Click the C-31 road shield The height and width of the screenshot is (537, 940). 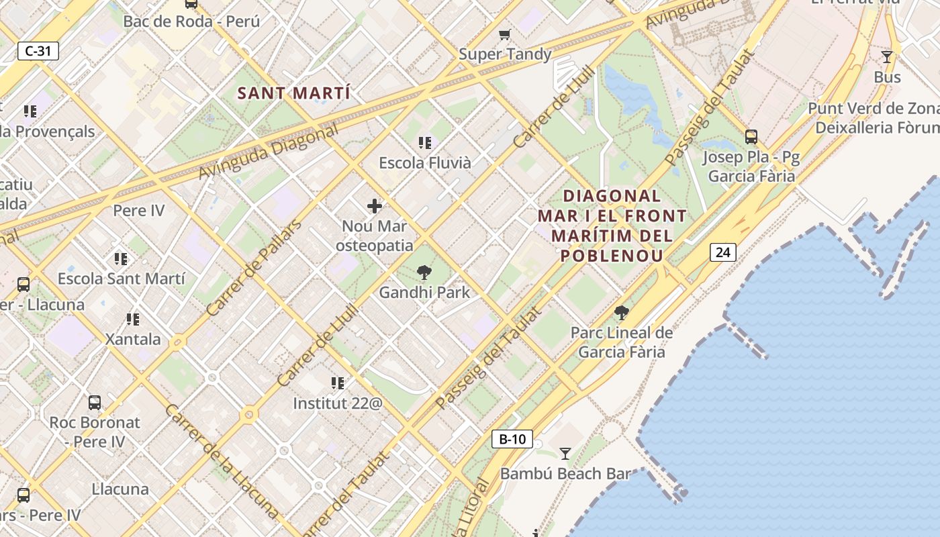(x=38, y=51)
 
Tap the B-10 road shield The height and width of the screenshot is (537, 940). (x=512, y=440)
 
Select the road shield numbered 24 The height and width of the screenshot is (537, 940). (x=722, y=252)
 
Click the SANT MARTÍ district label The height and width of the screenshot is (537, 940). (x=293, y=93)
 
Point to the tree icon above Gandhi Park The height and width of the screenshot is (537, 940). (x=424, y=273)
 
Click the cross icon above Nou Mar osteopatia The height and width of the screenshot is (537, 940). (x=375, y=206)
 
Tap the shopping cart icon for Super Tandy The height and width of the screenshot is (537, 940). (x=505, y=34)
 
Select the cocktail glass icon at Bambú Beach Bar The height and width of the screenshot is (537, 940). (x=565, y=454)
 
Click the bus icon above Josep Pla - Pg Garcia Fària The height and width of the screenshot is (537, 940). (x=751, y=137)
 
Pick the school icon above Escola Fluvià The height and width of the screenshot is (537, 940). (x=424, y=142)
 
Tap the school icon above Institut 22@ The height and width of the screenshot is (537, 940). (x=337, y=383)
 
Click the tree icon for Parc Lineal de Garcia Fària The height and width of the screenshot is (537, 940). (x=622, y=312)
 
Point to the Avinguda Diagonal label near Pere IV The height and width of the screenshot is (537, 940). (x=268, y=152)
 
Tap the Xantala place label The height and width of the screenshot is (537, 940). (x=133, y=339)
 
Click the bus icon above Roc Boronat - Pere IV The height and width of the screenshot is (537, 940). (x=95, y=403)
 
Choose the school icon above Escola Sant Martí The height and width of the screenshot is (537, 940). (x=121, y=258)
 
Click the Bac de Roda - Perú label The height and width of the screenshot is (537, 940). (x=191, y=21)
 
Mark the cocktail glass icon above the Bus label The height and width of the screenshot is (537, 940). (x=887, y=57)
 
